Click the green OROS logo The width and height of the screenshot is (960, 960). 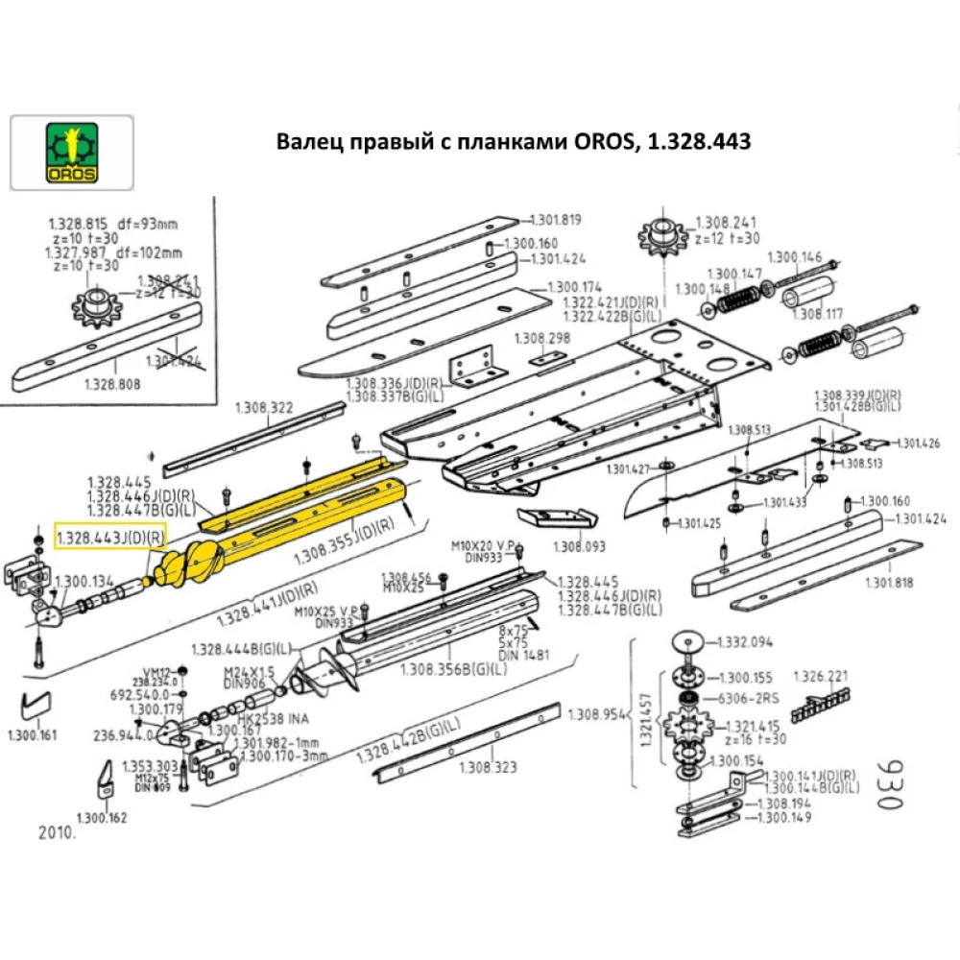(x=72, y=151)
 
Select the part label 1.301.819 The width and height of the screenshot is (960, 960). (x=557, y=220)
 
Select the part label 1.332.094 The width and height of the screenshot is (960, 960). (x=746, y=641)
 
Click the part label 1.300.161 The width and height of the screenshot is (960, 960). (x=32, y=735)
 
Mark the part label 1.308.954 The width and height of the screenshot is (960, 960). (x=596, y=714)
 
